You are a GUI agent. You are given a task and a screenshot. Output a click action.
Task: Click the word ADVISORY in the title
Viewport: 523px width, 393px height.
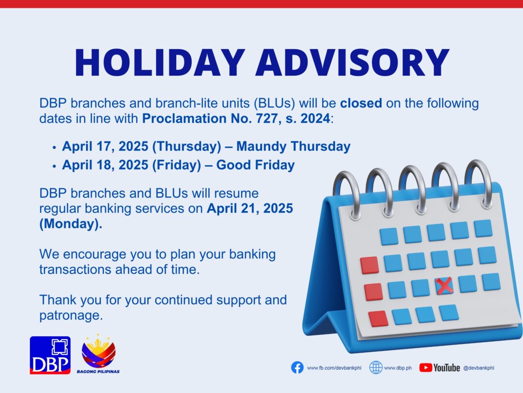pos(353,63)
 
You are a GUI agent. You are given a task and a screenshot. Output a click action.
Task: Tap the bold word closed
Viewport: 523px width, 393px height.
pos(361,103)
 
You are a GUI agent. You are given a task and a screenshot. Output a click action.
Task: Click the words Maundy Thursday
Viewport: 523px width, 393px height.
pos(293,146)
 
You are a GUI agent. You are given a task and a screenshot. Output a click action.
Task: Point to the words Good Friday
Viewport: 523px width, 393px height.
pos(256,165)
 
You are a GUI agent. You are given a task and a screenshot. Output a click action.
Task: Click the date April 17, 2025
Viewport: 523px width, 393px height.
pos(105,146)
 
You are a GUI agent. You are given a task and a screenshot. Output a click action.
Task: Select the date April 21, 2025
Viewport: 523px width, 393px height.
pos(250,208)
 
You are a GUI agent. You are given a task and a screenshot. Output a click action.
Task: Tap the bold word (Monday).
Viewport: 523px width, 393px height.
pos(71,224)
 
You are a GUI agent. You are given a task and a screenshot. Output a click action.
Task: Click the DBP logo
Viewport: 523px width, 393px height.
pos(50,355)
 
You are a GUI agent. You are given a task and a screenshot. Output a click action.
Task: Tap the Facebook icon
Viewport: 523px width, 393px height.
pos(297,368)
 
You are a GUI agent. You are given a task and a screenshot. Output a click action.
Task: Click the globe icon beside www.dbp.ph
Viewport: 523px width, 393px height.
pos(376,368)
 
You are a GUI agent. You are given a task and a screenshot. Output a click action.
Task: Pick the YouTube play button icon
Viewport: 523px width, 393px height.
pos(426,368)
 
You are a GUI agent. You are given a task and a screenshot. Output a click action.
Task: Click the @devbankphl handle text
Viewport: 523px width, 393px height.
pos(478,368)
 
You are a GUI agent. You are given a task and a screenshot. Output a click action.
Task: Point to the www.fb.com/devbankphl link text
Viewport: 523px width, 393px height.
pos(334,368)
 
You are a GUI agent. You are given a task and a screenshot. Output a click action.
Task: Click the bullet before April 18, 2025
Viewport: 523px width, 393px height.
pos(54,166)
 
